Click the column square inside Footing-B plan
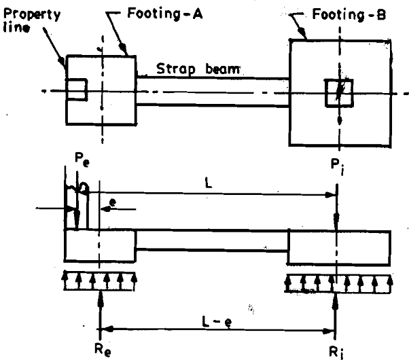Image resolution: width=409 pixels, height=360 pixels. (338, 92)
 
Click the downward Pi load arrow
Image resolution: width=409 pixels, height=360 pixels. (337, 211)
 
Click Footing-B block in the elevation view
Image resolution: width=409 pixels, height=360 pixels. (339, 245)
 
